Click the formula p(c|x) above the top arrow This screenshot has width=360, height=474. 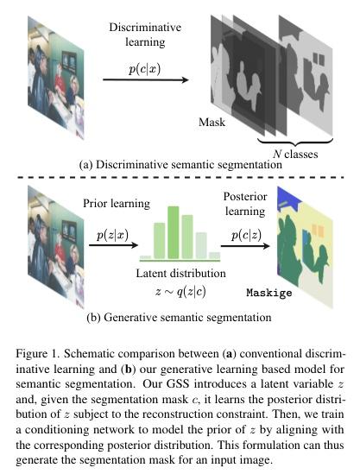pyautogui.click(x=144, y=69)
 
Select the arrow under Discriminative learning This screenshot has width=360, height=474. pyautogui.click(x=146, y=79)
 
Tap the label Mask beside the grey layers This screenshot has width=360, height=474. pyautogui.click(x=212, y=122)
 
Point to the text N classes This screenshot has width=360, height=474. pyautogui.click(x=295, y=155)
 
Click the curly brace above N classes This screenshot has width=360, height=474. pyautogui.click(x=295, y=142)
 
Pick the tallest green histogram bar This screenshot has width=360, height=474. pyautogui.click(x=174, y=232)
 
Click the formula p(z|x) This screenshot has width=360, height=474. pyautogui.click(x=112, y=235)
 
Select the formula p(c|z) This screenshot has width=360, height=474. pyautogui.click(x=246, y=235)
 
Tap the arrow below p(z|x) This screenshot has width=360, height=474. pyautogui.click(x=113, y=245)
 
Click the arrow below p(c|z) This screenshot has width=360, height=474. pyautogui.click(x=245, y=246)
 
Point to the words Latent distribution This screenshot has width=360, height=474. pyautogui.click(x=180, y=274)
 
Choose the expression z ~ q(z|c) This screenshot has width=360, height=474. pyautogui.click(x=180, y=292)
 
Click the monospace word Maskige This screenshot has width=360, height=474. pyautogui.click(x=269, y=293)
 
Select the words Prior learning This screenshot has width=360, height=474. pyautogui.click(x=117, y=204)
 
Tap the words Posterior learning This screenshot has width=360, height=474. pyautogui.click(x=245, y=204)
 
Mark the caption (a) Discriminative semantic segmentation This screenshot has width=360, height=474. pyautogui.click(x=180, y=165)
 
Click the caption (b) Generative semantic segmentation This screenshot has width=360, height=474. pyautogui.click(x=179, y=318)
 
